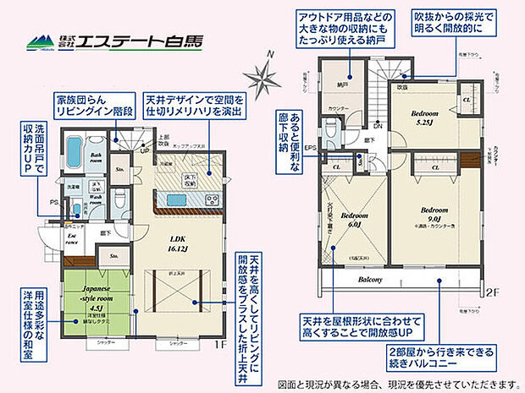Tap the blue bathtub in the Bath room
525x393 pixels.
click(74, 153)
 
